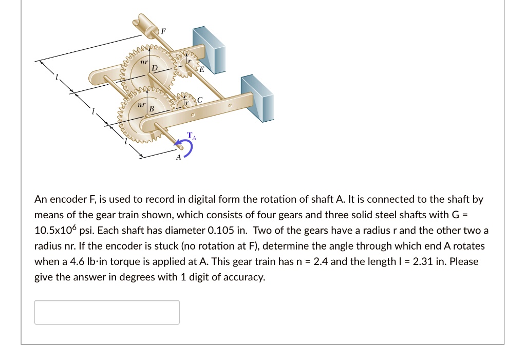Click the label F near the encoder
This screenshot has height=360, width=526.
coord(163,31)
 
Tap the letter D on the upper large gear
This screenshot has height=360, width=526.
coord(154,68)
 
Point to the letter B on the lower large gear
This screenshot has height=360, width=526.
coord(152,109)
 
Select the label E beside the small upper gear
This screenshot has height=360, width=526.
coord(201,69)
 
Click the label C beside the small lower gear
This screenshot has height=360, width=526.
coord(200,100)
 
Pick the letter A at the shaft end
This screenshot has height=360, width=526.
coord(178,157)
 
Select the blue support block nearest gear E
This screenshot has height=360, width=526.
coord(209,48)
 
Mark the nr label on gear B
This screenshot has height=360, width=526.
coord(140,104)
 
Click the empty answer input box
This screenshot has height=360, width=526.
coord(107,312)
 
